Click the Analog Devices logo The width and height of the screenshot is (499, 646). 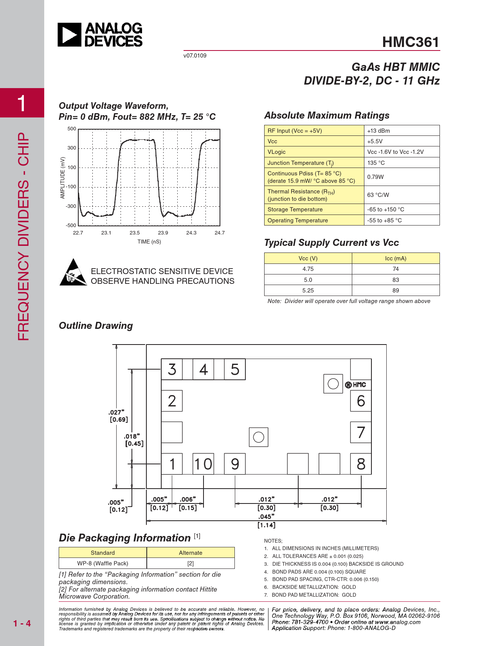100,35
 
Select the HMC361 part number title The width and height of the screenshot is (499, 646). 411,42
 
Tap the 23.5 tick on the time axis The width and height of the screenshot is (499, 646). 135,233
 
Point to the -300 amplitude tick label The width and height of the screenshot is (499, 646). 71,206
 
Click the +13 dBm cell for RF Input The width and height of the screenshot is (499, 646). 378,131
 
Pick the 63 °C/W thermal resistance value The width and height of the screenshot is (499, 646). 378,195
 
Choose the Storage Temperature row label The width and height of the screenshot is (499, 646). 295,209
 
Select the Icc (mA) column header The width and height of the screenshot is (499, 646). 396,258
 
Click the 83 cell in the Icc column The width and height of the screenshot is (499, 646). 396,280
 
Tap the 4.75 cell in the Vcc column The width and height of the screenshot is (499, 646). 308,269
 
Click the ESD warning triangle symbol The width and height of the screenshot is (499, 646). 73,272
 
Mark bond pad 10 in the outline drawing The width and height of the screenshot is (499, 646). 203,464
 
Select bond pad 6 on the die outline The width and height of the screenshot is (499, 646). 361,401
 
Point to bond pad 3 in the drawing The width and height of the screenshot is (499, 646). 172,369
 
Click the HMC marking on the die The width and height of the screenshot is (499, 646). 356,385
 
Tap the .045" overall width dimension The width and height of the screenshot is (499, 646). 266,517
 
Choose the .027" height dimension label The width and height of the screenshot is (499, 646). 116,412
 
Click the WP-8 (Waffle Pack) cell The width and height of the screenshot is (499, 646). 103,563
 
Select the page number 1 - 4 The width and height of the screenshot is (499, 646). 22,623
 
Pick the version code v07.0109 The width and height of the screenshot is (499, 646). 195,56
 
